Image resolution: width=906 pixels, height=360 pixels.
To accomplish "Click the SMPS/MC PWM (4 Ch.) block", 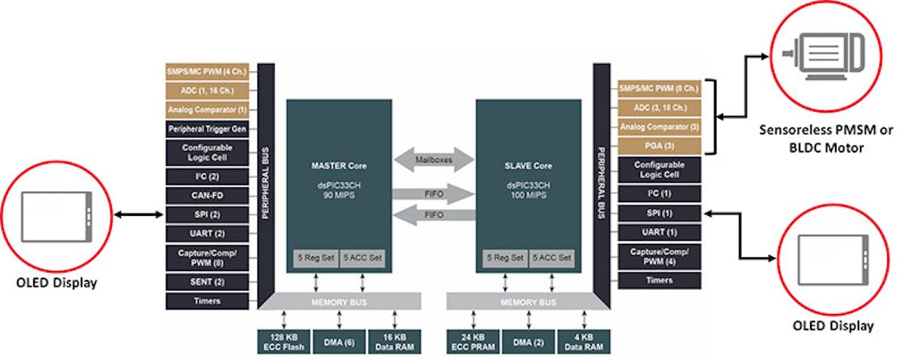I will point(207,72).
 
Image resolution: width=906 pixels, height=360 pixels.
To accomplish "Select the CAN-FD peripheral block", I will point(207,195).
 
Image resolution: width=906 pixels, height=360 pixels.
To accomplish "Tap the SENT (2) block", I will point(207,282).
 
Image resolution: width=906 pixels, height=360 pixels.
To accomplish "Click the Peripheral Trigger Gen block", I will point(207,129).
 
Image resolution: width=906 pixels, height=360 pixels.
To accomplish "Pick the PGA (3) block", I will point(660,146).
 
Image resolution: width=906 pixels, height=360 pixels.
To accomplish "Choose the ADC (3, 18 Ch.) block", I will point(660,107).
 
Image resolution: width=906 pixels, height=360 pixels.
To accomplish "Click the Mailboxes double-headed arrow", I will point(433,159).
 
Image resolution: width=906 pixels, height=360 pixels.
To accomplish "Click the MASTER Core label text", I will point(338,165).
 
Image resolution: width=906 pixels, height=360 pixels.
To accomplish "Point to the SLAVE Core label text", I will point(528,165).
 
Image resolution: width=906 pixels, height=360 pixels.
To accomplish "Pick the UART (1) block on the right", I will point(660,232).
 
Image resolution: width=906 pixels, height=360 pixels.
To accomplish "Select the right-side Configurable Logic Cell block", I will point(660,170).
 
